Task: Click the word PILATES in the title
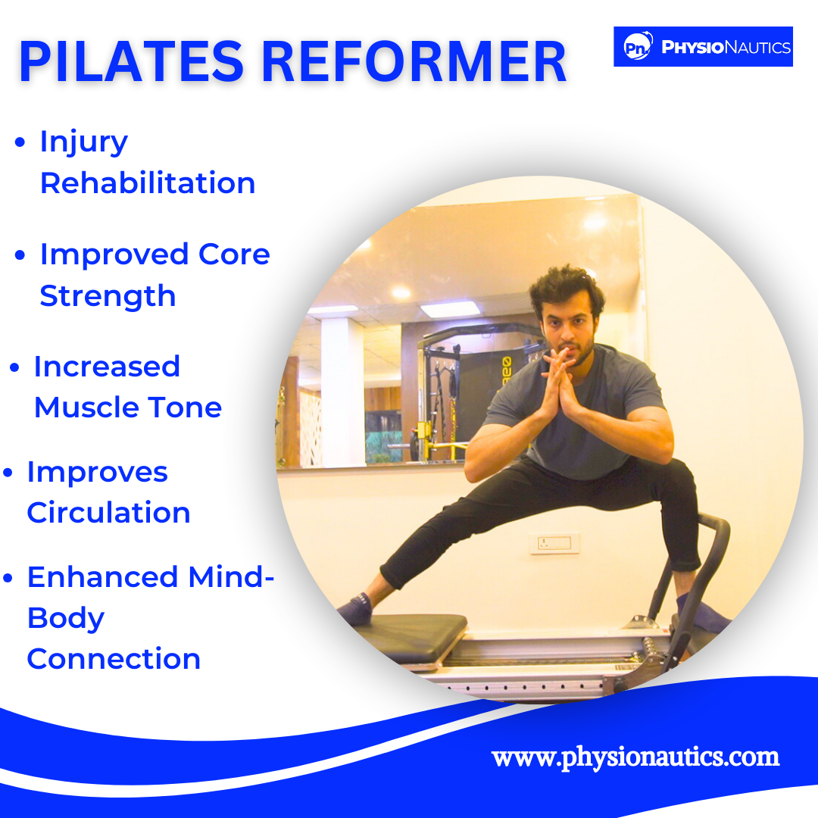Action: tap(132, 61)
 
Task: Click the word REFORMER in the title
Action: tap(414, 61)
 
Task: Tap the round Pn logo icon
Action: tap(638, 46)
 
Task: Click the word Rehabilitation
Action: tap(148, 183)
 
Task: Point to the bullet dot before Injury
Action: tap(20, 142)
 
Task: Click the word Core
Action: tap(234, 254)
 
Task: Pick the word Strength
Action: tap(108, 296)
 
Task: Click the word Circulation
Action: tap(108, 512)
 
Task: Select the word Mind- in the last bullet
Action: tap(231, 577)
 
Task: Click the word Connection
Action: tap(114, 659)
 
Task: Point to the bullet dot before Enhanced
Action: tap(8, 578)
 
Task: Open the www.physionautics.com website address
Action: tap(635, 757)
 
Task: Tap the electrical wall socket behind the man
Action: tap(554, 544)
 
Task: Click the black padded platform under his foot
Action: tap(412, 636)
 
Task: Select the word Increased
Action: tap(107, 367)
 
